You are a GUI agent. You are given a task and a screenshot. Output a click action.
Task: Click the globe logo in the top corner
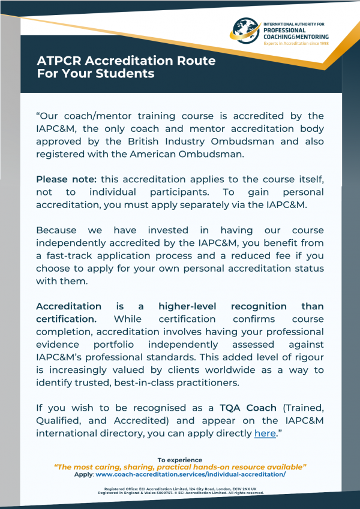click(246, 31)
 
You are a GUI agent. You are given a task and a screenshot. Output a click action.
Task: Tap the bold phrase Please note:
click(67, 179)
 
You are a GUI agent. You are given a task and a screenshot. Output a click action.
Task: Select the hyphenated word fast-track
click(70, 255)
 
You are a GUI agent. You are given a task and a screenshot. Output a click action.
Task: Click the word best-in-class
click(163, 382)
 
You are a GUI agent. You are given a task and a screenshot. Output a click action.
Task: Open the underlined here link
click(265, 433)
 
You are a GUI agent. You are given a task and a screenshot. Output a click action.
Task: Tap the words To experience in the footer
click(180, 459)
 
